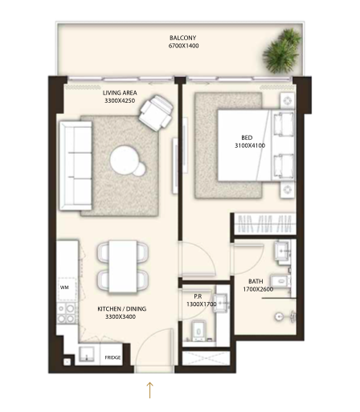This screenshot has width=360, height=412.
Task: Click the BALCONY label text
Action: click(182, 38)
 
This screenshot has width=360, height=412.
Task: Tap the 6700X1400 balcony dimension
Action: click(183, 46)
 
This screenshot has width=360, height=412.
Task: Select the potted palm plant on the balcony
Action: click(282, 51)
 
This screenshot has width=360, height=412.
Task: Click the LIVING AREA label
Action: click(120, 93)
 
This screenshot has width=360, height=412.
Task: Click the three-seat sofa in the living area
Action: click(76, 165)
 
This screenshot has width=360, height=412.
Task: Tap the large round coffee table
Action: click(124, 159)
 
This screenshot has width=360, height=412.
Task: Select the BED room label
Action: click(247, 137)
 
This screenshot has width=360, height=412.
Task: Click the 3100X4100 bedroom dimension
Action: click(250, 145)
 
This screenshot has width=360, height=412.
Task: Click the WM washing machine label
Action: click(64, 288)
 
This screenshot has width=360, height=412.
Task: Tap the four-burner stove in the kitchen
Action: click(67, 314)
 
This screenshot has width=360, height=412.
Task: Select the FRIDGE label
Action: click(112, 357)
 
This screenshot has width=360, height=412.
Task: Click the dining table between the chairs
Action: click(123, 266)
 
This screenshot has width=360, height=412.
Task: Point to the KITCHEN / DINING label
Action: click(122, 309)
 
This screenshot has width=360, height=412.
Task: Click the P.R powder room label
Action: click(198, 296)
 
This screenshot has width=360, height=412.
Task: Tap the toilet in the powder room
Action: click(198, 331)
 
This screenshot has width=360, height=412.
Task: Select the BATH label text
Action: click(256, 281)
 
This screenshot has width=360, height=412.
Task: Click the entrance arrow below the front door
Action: click(149, 390)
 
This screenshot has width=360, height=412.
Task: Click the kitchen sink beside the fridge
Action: click(87, 355)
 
